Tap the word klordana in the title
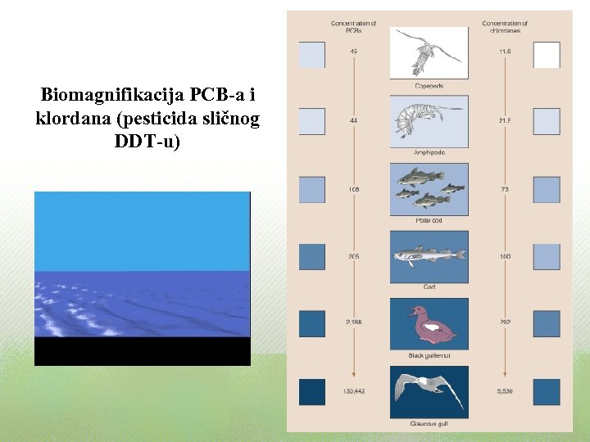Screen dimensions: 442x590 pyautogui.click(x=70, y=119)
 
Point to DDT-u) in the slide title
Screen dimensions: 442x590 pyautogui.click(x=147, y=141)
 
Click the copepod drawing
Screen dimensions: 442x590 pyautogui.click(x=429, y=52)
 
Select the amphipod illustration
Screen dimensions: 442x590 pyautogui.click(x=429, y=120)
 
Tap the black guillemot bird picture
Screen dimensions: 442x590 pyautogui.click(x=429, y=324)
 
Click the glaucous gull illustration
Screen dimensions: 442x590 pyautogui.click(x=429, y=392)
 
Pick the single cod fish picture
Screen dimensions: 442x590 pyautogui.click(x=429, y=256)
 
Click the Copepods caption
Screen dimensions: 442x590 pyautogui.click(x=429, y=85)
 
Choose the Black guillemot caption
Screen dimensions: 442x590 pyautogui.click(x=429, y=356)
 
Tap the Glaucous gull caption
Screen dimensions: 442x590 pyautogui.click(x=429, y=424)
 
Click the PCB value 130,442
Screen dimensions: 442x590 pyautogui.click(x=353, y=392)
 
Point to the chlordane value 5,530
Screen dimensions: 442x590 pyautogui.click(x=505, y=392)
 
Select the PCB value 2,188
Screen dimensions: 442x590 pyautogui.click(x=353, y=323)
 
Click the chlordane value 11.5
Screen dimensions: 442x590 pyautogui.click(x=505, y=52)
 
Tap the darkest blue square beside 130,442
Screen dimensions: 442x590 pyautogui.click(x=311, y=392)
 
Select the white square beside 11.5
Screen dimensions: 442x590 pyautogui.click(x=547, y=55)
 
